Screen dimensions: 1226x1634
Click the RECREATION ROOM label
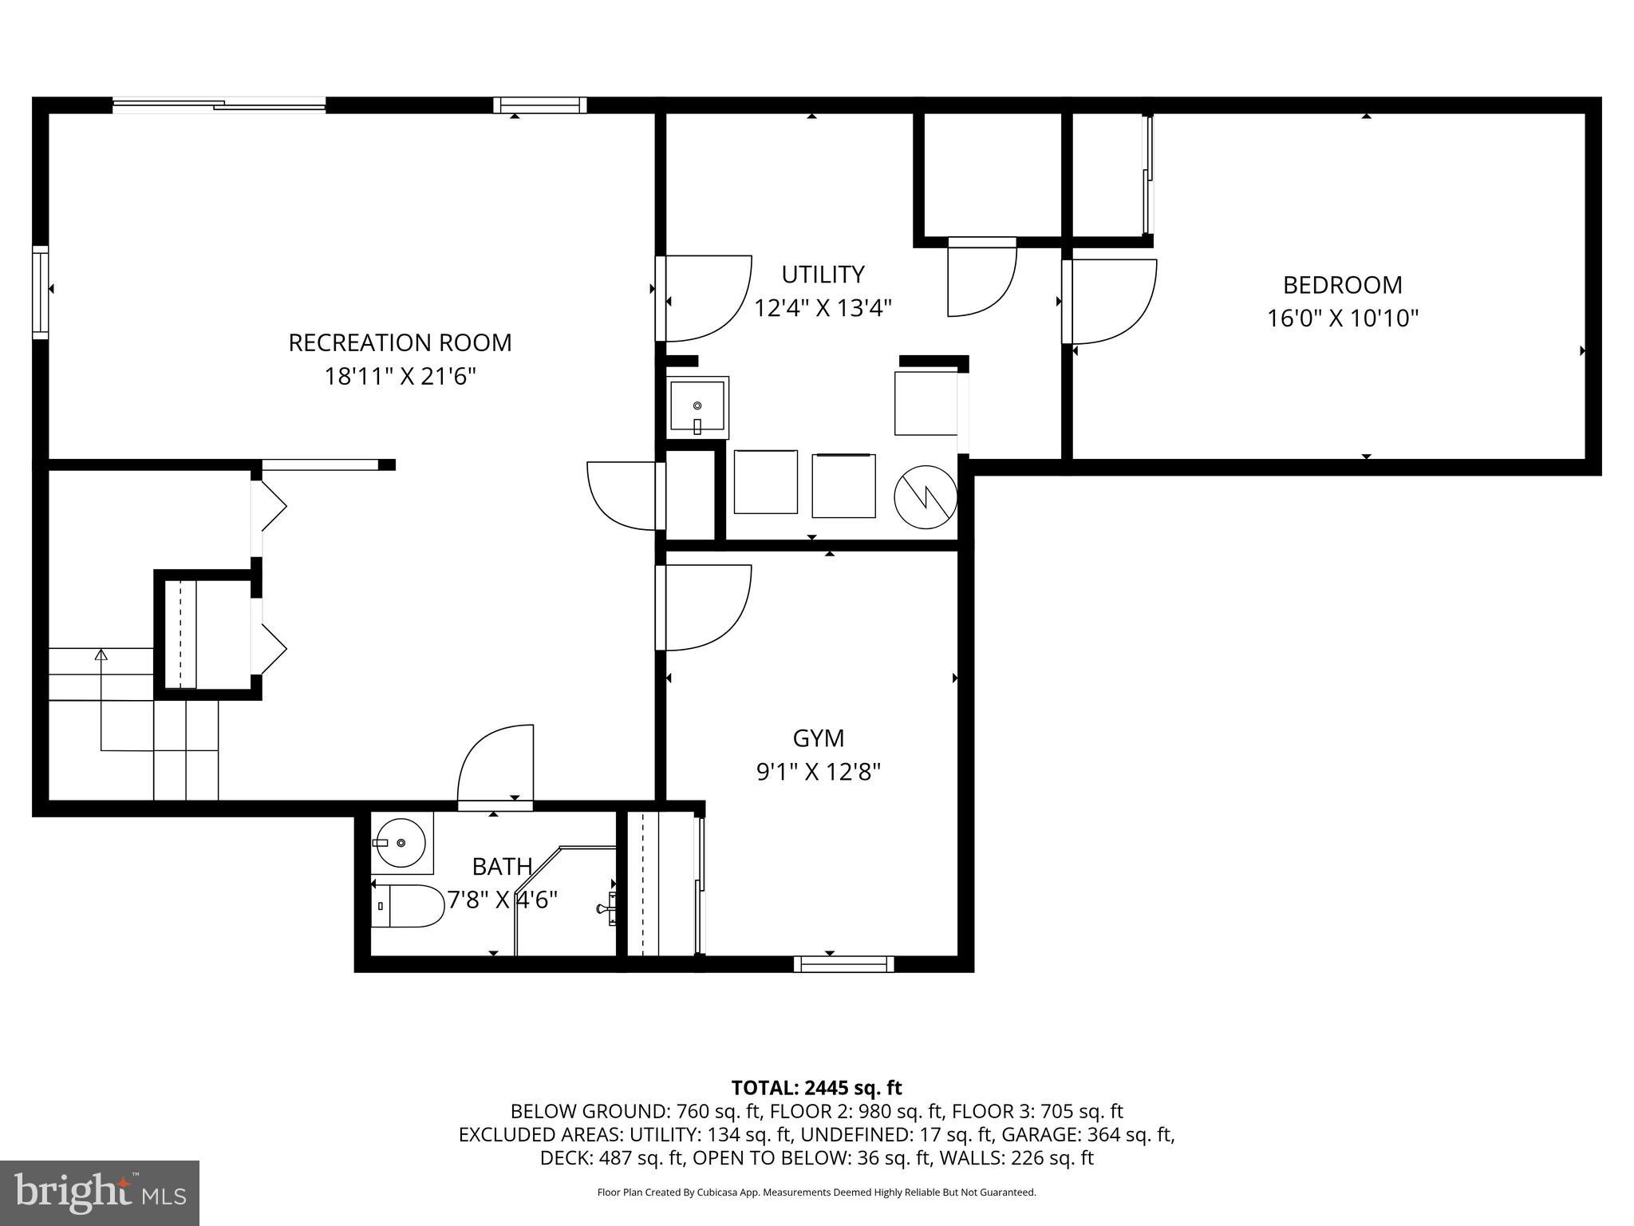click(x=400, y=342)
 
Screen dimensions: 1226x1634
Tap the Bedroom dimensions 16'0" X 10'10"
click(x=1343, y=318)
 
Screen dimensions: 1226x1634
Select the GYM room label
click(x=818, y=738)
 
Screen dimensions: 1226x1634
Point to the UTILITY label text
click(x=823, y=275)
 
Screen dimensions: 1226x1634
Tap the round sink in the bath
click(x=401, y=843)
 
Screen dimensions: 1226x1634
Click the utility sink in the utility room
click(x=697, y=407)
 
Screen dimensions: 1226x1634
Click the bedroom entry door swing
click(x=1113, y=302)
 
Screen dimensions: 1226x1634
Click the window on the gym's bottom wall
click(x=843, y=964)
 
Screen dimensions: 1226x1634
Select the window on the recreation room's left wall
click(x=40, y=293)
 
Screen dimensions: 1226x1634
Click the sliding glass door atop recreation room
click(x=219, y=105)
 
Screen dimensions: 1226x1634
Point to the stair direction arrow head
click(x=101, y=655)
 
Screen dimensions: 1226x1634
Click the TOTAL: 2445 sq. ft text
click(x=816, y=1087)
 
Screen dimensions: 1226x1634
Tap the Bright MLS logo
click(x=100, y=1192)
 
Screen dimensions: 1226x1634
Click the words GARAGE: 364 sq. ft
click(x=1087, y=1134)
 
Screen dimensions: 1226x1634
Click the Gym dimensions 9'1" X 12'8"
click(x=818, y=772)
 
